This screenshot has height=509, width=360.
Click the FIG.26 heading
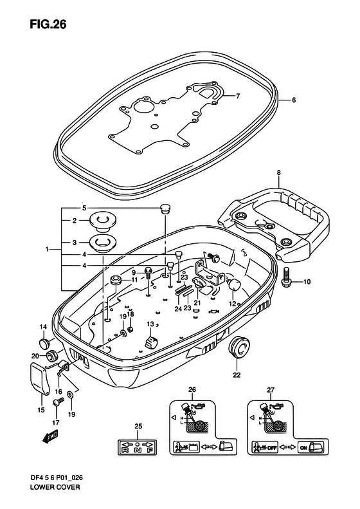[x=48, y=24]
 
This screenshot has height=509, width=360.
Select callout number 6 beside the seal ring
[x=294, y=100]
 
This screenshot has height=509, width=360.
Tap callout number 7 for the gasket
[x=238, y=96]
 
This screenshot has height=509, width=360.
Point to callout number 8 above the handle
[x=278, y=173]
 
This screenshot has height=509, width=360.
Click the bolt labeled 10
[x=287, y=276]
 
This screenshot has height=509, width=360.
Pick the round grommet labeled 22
[x=240, y=347]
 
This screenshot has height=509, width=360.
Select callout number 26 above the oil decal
[x=192, y=389]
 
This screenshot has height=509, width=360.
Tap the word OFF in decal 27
[x=272, y=448]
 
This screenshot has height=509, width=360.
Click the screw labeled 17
[x=58, y=403]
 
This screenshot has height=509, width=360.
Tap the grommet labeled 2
[x=103, y=222]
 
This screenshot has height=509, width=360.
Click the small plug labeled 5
[x=166, y=208]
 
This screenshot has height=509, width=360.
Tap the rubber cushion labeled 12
[x=234, y=285]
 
